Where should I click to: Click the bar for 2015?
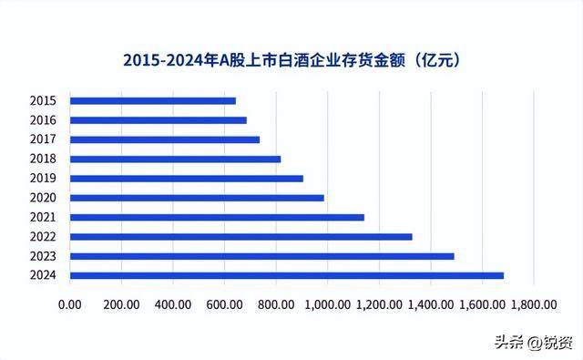pos(152,100)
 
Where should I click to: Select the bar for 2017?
pos(164,139)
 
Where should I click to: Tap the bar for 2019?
pos(186,179)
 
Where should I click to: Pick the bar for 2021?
pos(217,217)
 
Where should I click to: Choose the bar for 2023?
pos(261,256)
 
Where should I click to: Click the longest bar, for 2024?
pos(286,275)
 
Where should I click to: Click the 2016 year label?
pos(43,120)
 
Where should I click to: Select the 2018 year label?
pos(43,159)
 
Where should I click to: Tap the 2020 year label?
pos(43,198)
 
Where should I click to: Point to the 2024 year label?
pos(43,275)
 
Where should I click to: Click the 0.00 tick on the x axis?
pos(69,304)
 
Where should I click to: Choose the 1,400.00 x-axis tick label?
pos(426,304)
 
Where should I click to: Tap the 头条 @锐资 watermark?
pos(534,341)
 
